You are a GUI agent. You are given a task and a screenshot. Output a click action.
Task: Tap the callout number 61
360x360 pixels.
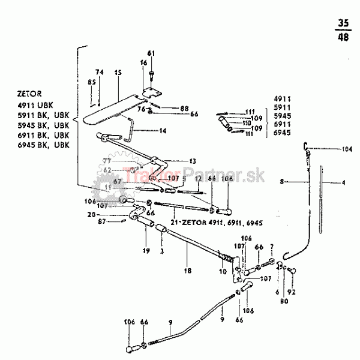pos(151,53)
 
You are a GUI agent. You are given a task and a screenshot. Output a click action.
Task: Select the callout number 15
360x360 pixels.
pos(118,72)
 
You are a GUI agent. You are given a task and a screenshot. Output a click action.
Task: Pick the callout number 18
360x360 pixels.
pos(188,271)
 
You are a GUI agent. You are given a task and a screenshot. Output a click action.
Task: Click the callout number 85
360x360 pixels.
pos(92,82)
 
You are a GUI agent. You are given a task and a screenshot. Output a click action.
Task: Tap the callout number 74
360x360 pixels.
pos(100,72)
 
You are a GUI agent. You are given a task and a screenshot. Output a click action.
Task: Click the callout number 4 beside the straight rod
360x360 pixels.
pos(344,183)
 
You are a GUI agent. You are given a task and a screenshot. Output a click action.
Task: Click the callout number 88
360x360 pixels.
pos(185,108)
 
